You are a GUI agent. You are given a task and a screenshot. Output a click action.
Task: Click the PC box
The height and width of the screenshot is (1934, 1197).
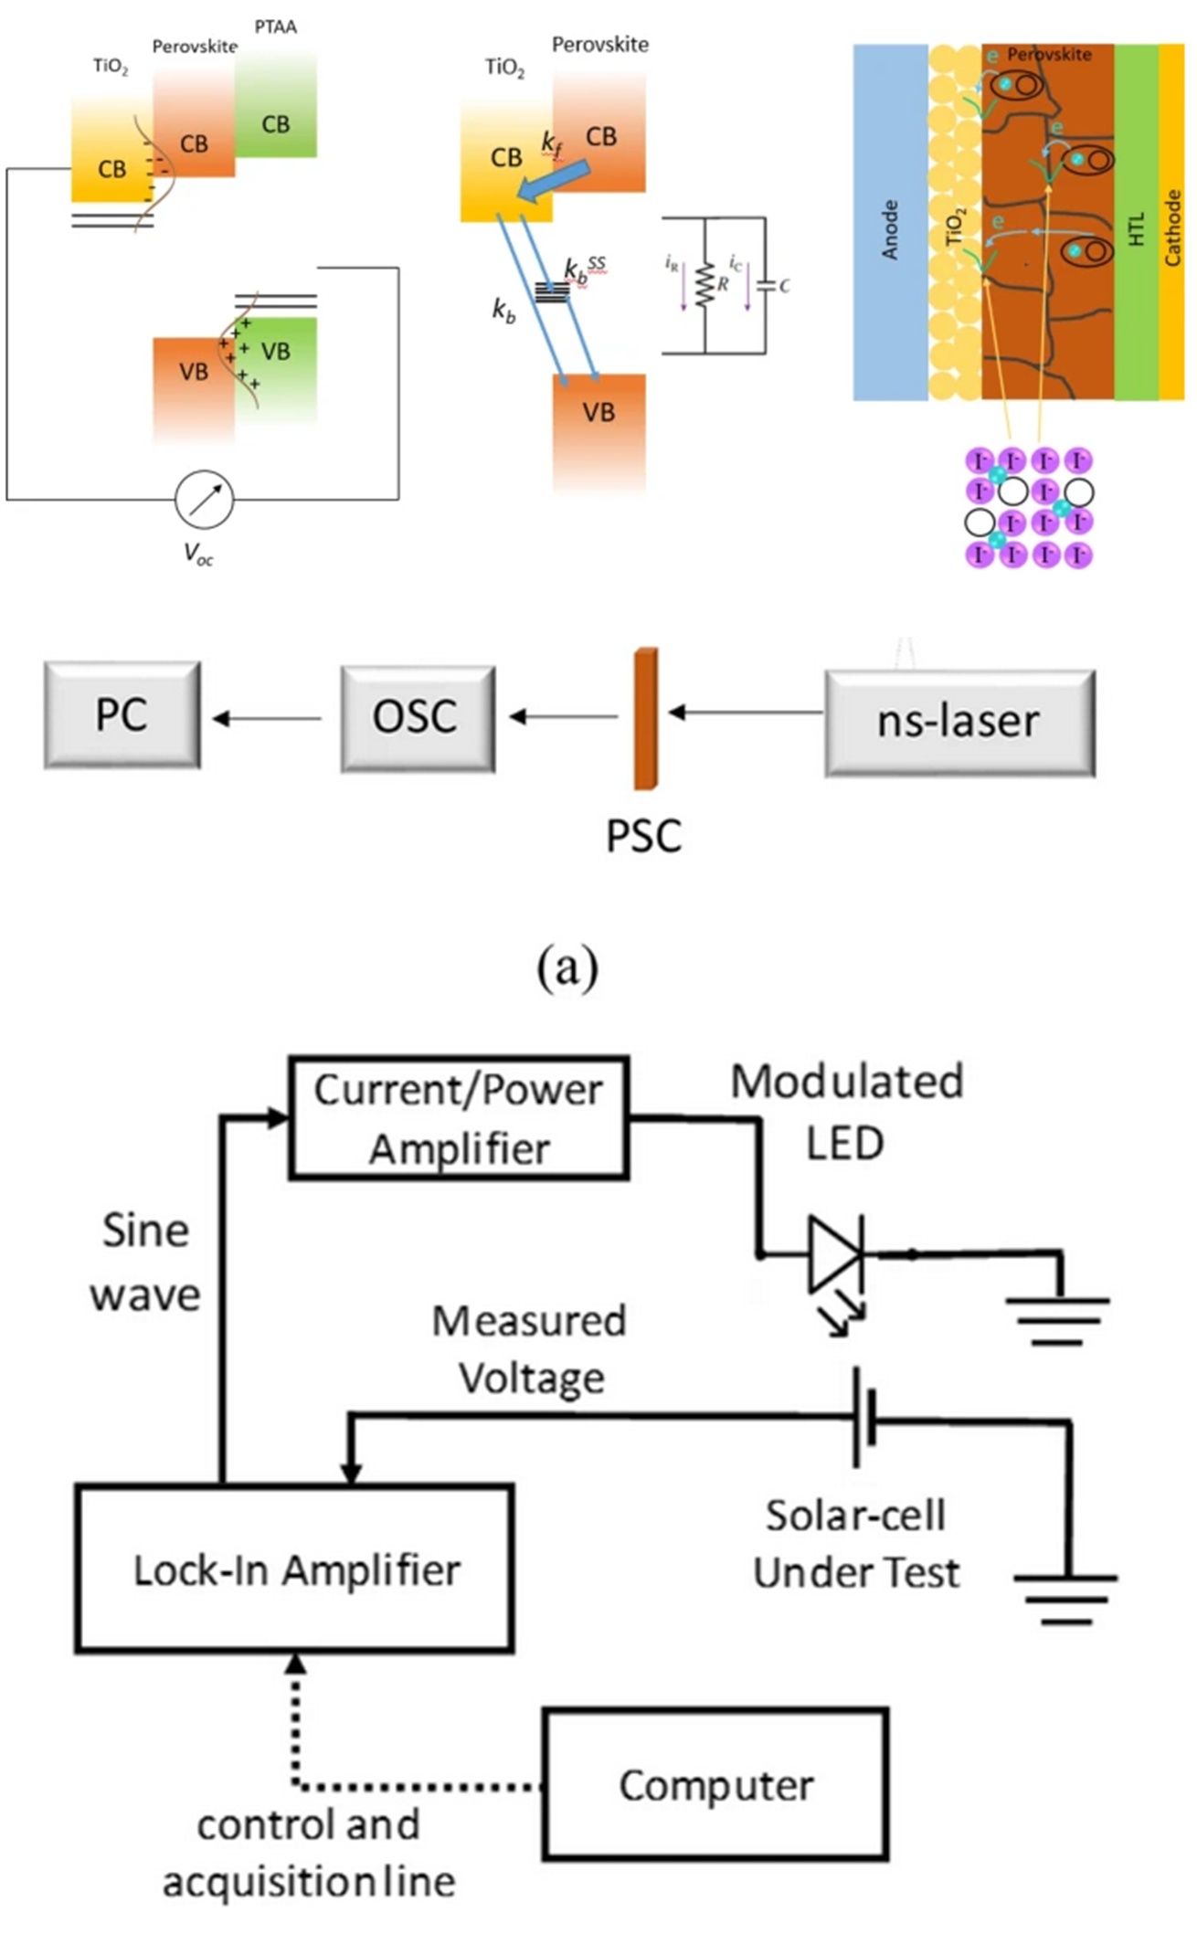[x=122, y=715]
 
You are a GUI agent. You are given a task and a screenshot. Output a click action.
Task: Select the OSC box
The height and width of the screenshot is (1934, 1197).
[x=418, y=718]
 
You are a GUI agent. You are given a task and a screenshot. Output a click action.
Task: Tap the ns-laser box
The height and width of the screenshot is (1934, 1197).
[x=959, y=723]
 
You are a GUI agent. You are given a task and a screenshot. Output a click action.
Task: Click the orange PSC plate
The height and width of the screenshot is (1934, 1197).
[x=646, y=718]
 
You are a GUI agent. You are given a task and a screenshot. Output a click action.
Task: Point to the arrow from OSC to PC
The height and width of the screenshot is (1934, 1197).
[x=267, y=719]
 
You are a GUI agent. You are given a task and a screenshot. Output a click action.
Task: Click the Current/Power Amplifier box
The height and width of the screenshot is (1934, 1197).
[x=459, y=1118]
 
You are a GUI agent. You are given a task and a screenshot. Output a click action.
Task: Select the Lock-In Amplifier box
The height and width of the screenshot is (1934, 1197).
[x=294, y=1569]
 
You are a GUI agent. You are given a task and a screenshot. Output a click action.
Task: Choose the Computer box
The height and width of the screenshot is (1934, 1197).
[x=715, y=1784]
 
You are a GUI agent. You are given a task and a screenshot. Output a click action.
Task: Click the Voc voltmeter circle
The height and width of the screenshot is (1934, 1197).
[x=204, y=500]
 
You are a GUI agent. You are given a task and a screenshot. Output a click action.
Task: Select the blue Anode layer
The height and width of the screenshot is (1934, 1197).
[x=890, y=223]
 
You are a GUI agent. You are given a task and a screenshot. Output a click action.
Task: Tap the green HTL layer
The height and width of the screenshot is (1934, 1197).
[x=1136, y=223]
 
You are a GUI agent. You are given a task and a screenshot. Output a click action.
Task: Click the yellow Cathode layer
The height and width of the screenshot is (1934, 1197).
[x=1171, y=223]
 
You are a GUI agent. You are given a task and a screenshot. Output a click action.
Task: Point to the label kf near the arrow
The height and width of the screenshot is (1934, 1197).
[x=551, y=143]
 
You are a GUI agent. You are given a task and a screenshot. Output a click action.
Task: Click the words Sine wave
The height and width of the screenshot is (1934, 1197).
[x=145, y=1263]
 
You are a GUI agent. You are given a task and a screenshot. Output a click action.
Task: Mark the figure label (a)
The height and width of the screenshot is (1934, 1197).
[x=567, y=967]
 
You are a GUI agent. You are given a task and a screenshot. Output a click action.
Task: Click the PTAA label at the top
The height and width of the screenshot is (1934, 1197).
[x=275, y=26]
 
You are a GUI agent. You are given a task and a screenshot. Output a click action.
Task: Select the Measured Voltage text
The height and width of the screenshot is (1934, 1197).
[x=530, y=1349]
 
